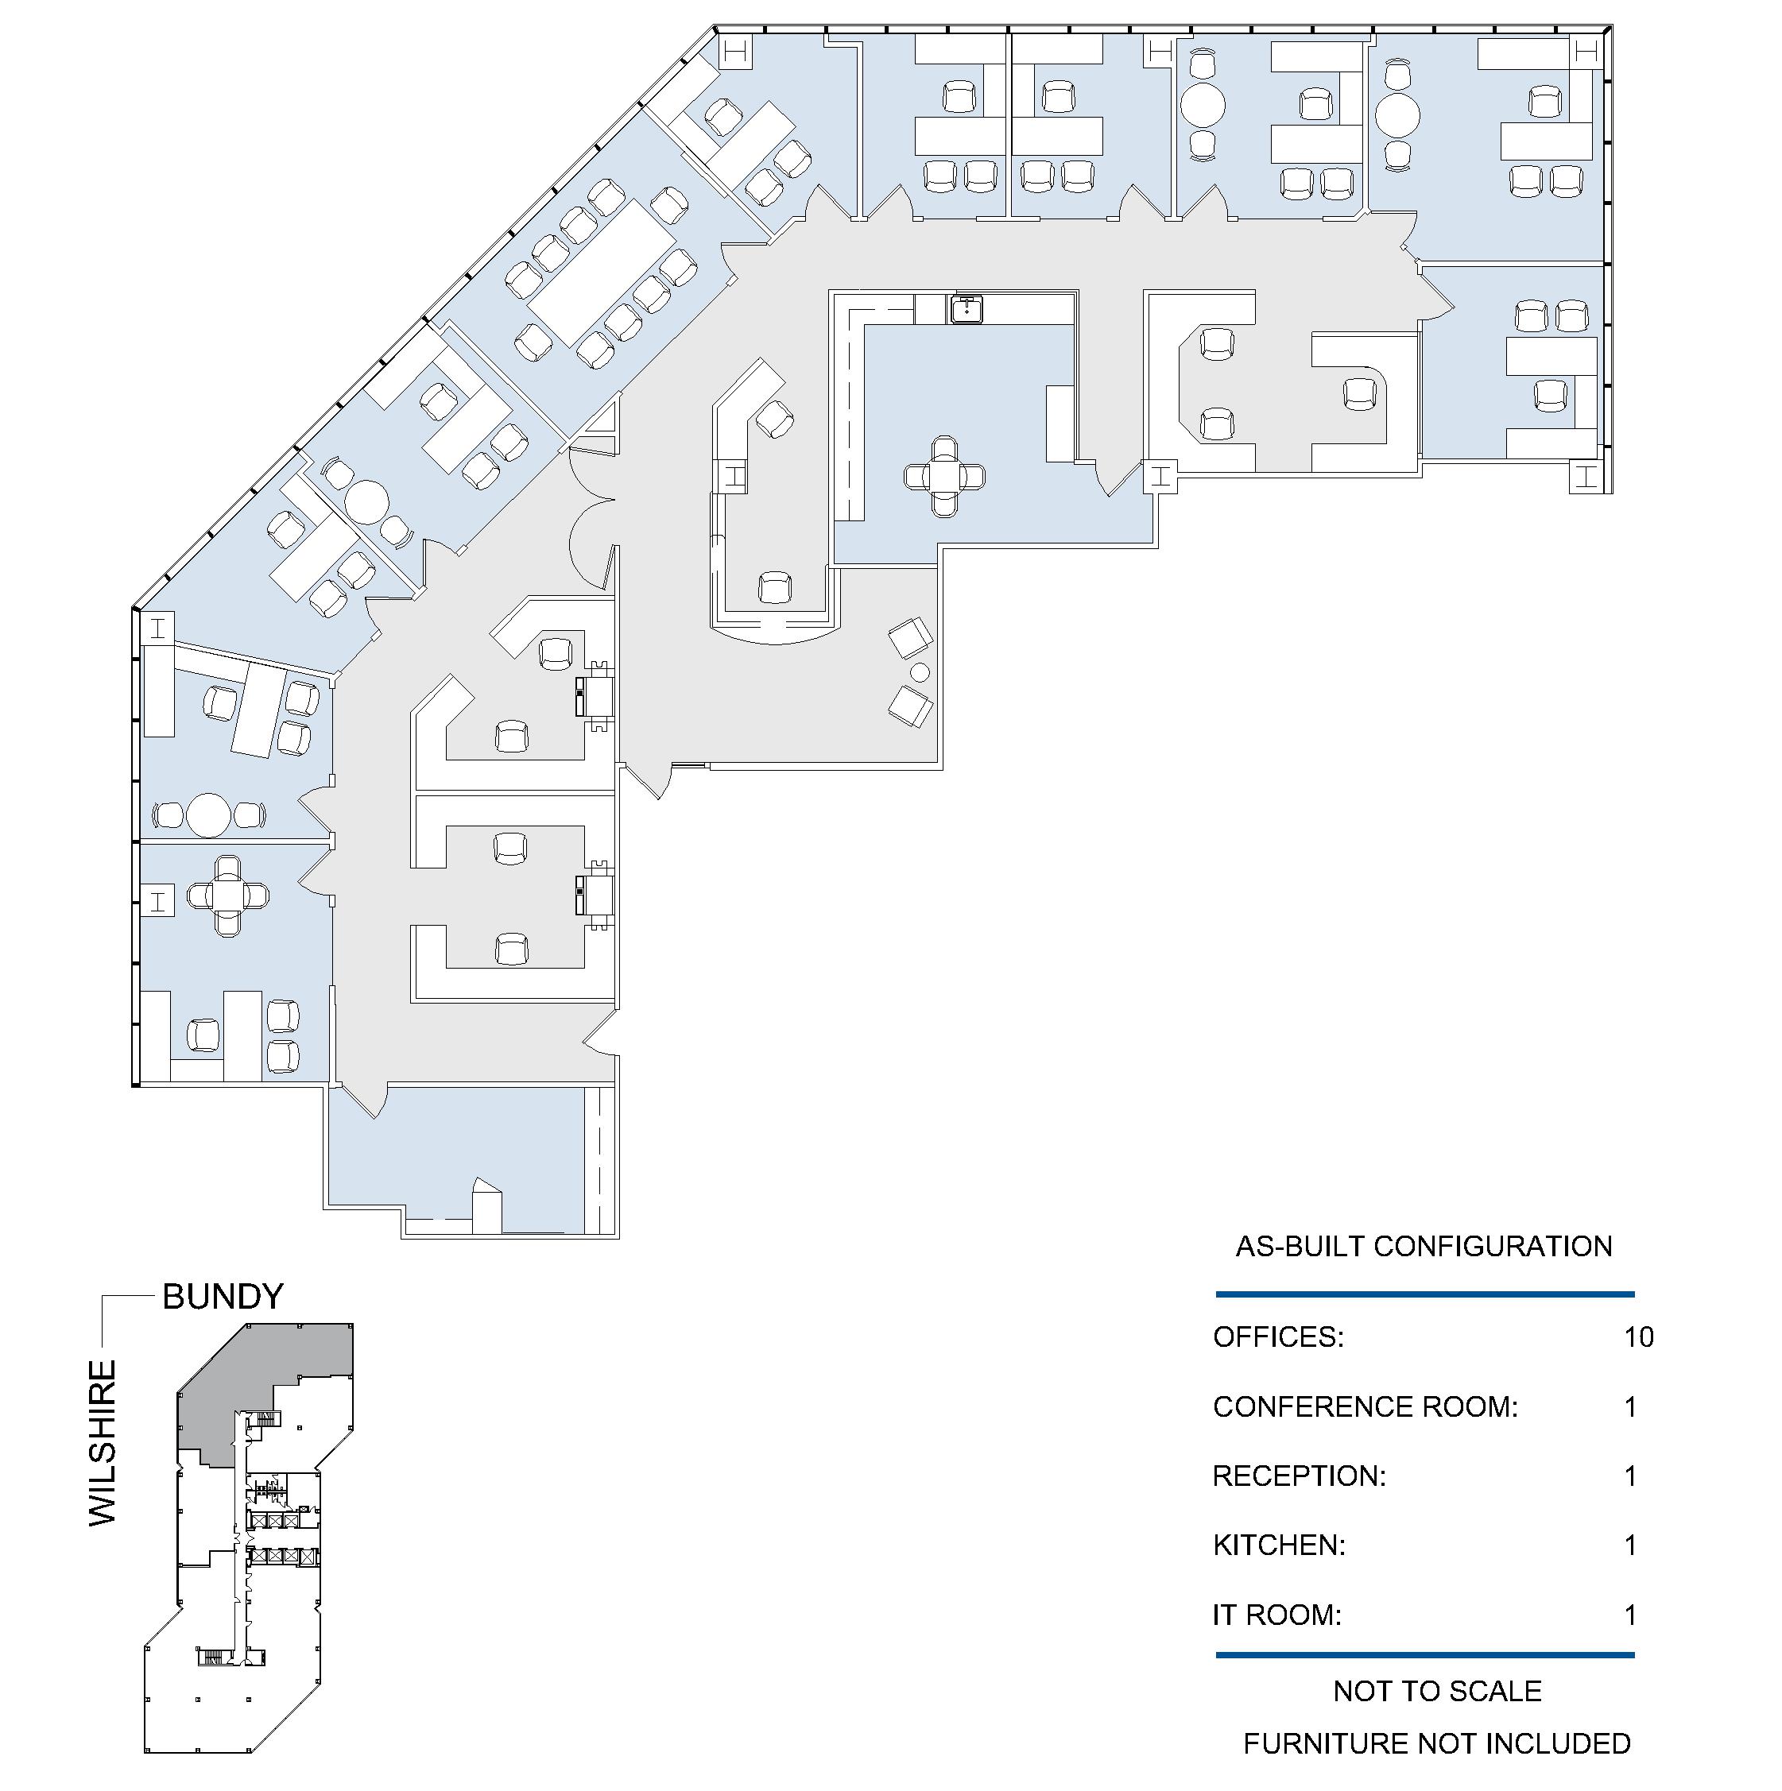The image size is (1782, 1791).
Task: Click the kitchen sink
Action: pos(965,308)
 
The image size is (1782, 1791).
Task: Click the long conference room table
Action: pos(603,273)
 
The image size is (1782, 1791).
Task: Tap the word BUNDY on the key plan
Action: pos(223,1296)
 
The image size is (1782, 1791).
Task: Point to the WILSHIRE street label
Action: pos(103,1442)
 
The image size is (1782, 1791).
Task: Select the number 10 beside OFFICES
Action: pos(1638,1336)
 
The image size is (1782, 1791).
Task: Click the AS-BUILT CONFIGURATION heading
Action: pos(1424,1246)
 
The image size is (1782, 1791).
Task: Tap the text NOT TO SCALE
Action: pos(1437,1691)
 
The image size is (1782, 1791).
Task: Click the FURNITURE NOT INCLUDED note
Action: pos(1437,1743)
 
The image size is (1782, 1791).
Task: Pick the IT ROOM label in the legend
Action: pos(1276,1615)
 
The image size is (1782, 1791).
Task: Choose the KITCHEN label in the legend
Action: pos(1280,1545)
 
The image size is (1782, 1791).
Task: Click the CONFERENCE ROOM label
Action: pos(1366,1406)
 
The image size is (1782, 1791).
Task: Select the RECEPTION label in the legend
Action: pos(1299,1476)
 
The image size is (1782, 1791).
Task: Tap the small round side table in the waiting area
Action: pos(920,672)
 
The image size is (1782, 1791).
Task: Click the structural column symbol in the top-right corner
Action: pos(1586,52)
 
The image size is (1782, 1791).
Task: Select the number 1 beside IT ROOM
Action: pos(1631,1615)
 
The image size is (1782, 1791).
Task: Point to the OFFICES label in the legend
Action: pos(1277,1336)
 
